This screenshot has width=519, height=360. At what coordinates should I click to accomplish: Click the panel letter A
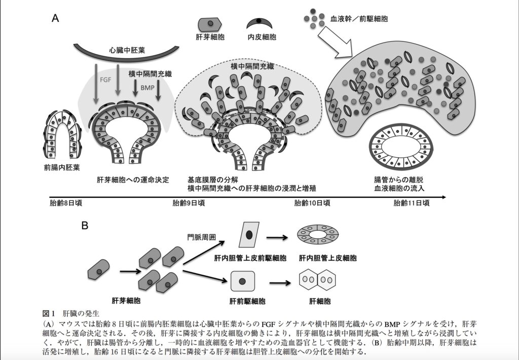pyautogui.click(x=56, y=19)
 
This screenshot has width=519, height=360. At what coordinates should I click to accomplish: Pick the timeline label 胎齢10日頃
pyautogui.click(x=312, y=203)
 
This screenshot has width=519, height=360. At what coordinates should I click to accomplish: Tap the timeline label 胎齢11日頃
pyautogui.click(x=412, y=203)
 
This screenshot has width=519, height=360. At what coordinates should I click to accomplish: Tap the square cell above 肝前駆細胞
pyautogui.click(x=243, y=281)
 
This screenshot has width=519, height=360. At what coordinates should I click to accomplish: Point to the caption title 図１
pyautogui.click(x=49, y=312)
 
